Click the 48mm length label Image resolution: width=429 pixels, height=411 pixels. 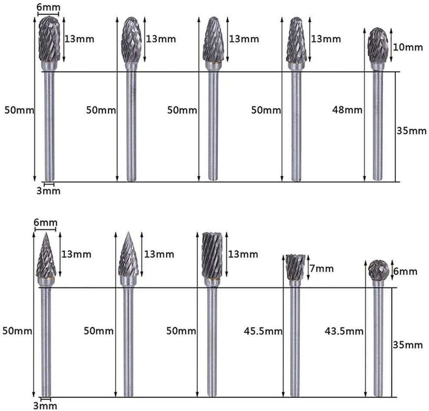click(x=347, y=110)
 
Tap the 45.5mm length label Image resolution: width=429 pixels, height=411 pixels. click(x=263, y=331)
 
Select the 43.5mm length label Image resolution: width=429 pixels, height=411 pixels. click(x=344, y=331)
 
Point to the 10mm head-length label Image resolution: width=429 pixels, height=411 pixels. click(x=408, y=47)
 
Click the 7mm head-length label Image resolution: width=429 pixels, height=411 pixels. click(x=321, y=269)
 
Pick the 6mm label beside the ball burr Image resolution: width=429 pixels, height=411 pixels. click(x=405, y=271)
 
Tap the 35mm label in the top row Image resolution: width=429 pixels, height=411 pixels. click(x=412, y=131)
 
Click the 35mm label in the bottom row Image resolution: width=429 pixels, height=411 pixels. click(x=408, y=345)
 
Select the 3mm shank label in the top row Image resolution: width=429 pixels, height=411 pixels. click(x=49, y=191)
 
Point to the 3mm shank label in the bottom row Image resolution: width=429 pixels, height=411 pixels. click(x=45, y=406)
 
